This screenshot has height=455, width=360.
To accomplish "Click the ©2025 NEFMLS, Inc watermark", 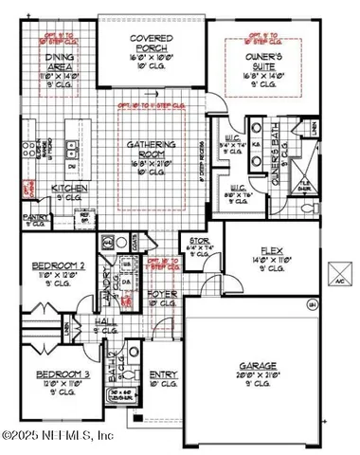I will [x=57, y=436].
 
